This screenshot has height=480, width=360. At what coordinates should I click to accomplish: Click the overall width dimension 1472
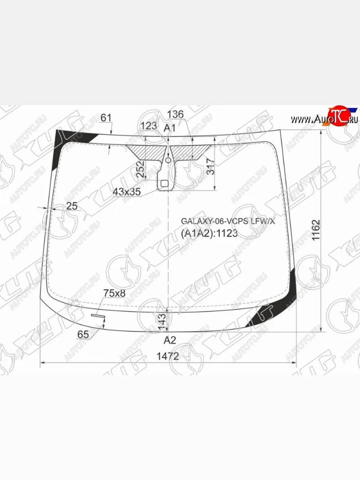tap(168, 356)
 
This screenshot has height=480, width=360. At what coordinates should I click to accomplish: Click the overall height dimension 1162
tap(316, 230)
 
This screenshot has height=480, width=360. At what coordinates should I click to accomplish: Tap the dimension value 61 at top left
tap(106, 118)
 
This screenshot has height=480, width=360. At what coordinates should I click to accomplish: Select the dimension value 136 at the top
tap(175, 115)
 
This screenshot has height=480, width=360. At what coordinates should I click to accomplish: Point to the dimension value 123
tap(149, 126)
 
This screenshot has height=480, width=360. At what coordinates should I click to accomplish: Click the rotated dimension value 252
tap(140, 170)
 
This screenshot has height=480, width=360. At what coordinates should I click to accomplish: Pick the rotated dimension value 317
tap(211, 166)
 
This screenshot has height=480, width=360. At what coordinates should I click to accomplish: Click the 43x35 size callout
tap(127, 192)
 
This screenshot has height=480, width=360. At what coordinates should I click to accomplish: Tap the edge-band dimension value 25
tap(72, 206)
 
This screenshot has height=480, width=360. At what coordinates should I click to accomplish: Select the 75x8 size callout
tap(114, 293)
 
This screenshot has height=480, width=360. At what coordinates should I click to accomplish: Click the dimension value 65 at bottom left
tap(83, 334)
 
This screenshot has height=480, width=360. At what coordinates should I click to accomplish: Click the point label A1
tap(170, 128)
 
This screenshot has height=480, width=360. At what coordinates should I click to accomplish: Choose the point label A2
tap(170, 340)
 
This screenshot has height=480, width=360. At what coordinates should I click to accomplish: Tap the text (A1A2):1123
tap(209, 233)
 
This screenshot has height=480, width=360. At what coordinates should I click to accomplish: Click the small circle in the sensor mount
tap(168, 160)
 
